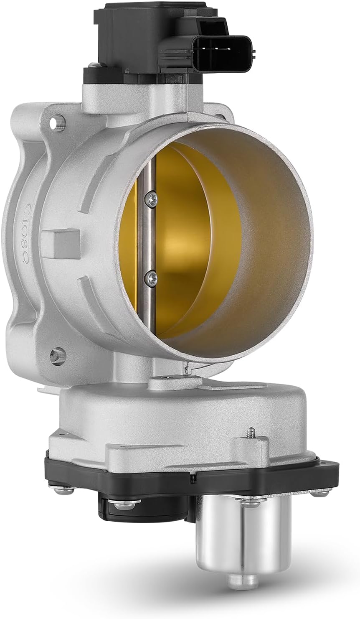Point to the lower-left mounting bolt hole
57,356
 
